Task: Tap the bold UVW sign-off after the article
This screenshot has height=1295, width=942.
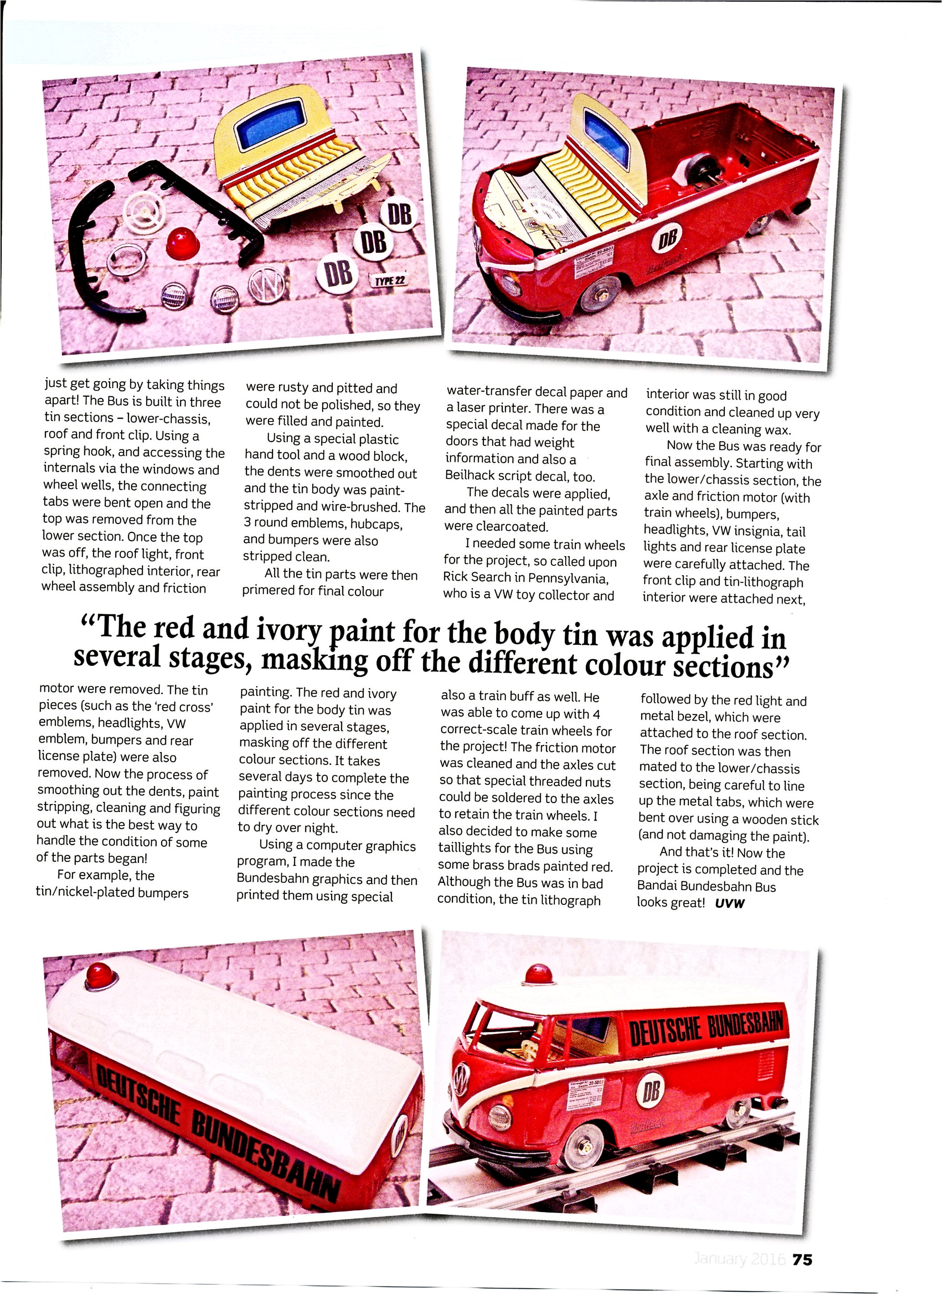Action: tap(730, 903)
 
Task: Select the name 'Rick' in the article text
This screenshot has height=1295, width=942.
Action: tap(455, 578)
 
